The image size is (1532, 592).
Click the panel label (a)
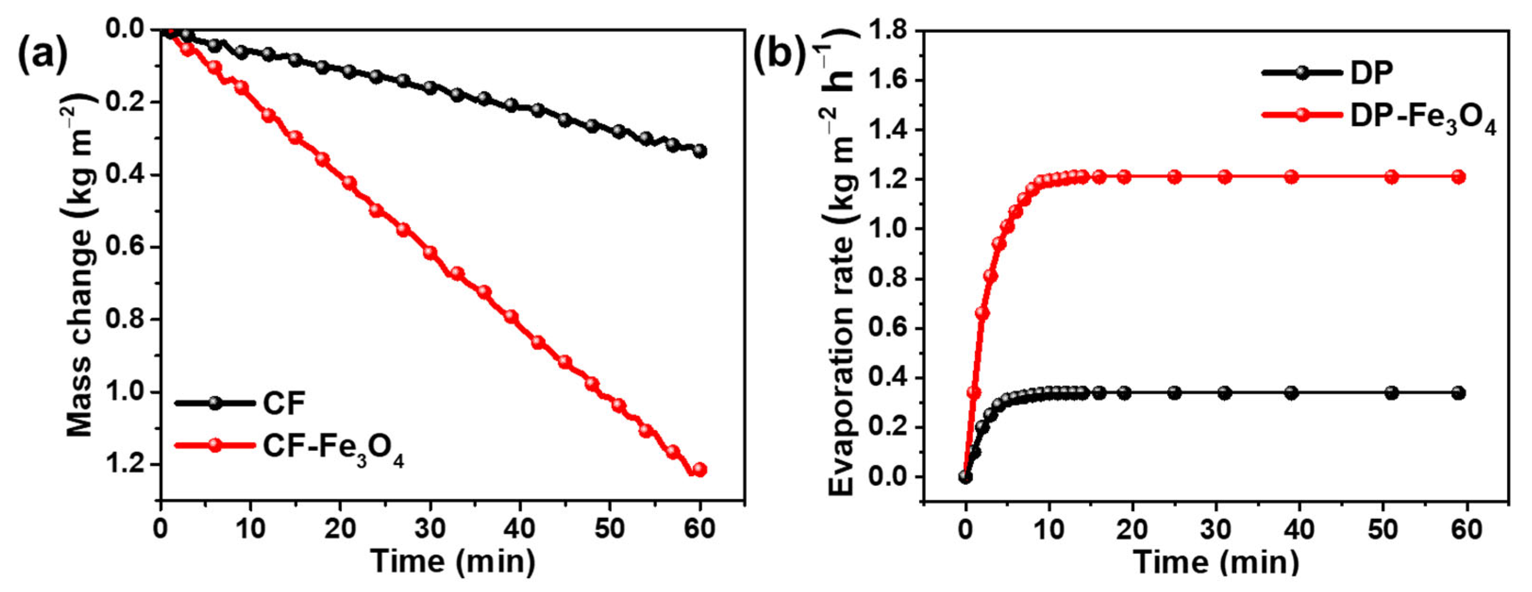[x=43, y=55]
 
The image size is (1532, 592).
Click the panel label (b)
[x=780, y=55]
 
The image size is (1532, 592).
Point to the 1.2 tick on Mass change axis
[x=125, y=464]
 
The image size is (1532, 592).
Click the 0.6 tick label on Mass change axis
[x=125, y=247]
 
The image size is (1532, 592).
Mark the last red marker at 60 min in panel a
[x=699, y=469]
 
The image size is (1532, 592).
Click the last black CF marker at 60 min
[x=700, y=151]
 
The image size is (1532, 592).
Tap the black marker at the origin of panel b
[x=965, y=476]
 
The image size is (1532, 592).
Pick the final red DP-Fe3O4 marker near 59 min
[x=1458, y=177]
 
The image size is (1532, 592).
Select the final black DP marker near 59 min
[x=1458, y=392]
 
